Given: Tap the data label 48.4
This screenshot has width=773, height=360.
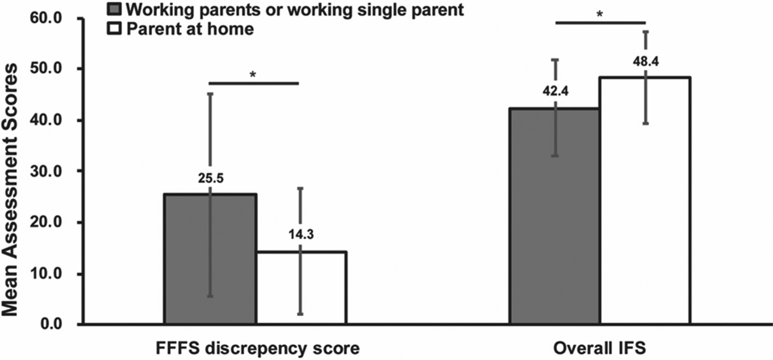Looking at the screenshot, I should pos(645,62).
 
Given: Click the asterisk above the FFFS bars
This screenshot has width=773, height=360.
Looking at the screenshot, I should pos(253,75).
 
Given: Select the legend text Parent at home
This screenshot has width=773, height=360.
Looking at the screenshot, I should pos(190,29).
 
